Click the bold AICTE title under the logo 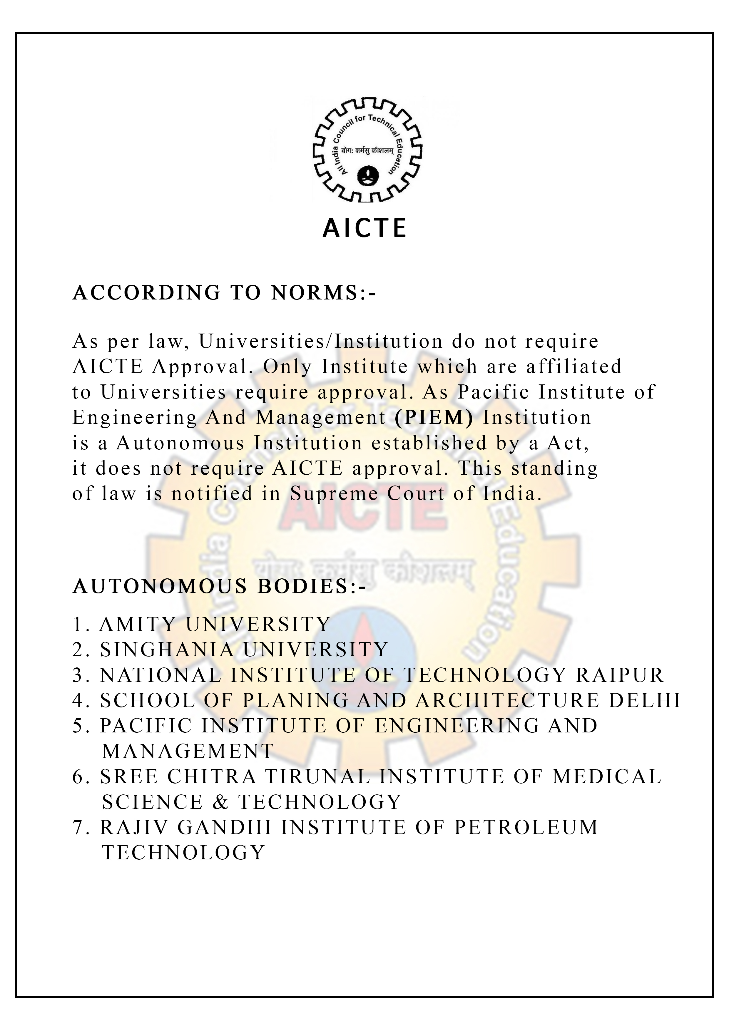tap(364, 228)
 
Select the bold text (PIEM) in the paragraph tap(434, 418)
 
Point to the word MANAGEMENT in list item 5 tap(188, 751)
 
